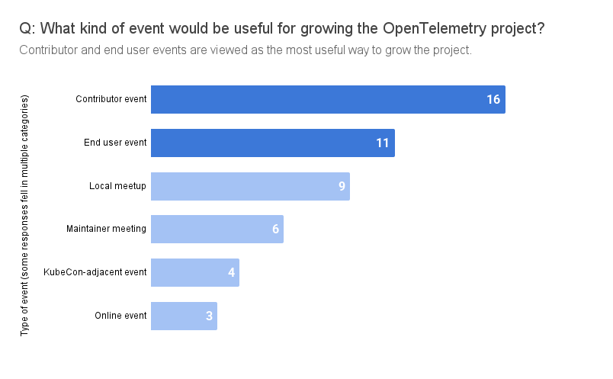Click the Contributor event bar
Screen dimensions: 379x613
328,100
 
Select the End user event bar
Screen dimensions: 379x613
272,143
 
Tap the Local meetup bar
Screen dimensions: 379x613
250,186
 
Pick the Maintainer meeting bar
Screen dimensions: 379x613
217,229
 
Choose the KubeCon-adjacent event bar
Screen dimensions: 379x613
194,272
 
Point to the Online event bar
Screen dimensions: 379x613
184,316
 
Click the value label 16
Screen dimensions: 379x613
493,100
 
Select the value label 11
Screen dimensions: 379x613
382,143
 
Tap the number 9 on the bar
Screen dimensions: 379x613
342,186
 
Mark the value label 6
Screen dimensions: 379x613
276,229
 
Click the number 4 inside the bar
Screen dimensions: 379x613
231,272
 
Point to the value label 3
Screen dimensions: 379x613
209,316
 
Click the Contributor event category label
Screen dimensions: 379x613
111,100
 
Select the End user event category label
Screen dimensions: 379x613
114,143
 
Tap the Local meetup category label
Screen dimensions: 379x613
117,186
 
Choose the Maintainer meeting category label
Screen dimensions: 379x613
106,229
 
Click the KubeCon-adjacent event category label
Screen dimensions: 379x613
95,272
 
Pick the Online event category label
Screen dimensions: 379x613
120,316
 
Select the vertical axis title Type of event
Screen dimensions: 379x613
24,216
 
